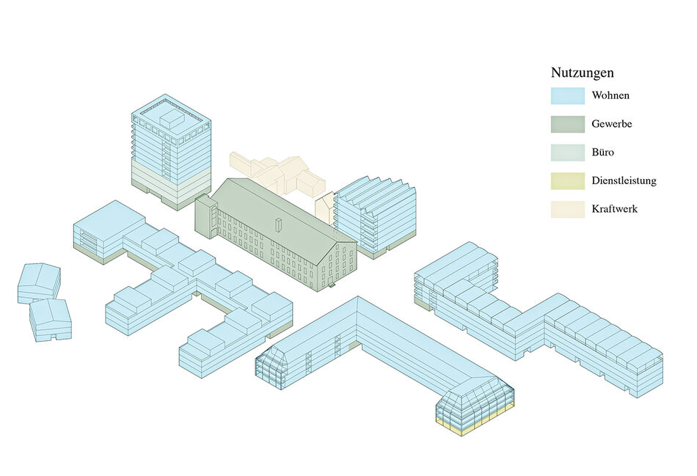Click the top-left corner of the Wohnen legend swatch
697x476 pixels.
tap(551, 87)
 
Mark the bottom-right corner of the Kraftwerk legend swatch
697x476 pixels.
tap(585, 218)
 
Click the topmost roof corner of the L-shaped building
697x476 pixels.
tap(357, 296)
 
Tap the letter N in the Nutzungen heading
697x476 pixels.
tap(555, 73)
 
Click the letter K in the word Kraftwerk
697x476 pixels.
tap(595, 209)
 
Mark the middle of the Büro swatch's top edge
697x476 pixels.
tap(568, 144)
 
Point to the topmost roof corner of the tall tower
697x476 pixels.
tap(165, 94)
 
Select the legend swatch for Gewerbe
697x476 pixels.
tap(568, 124)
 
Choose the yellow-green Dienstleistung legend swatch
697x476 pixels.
tap(568, 181)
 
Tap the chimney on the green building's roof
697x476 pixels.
tap(278, 225)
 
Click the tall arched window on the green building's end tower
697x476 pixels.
tap(214, 217)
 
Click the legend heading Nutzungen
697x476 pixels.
tap(583, 73)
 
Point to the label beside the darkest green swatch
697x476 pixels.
tap(612, 124)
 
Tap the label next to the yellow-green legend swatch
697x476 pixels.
tap(624, 181)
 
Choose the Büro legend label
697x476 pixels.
tap(603, 153)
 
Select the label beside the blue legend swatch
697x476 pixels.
tap(610, 95)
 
